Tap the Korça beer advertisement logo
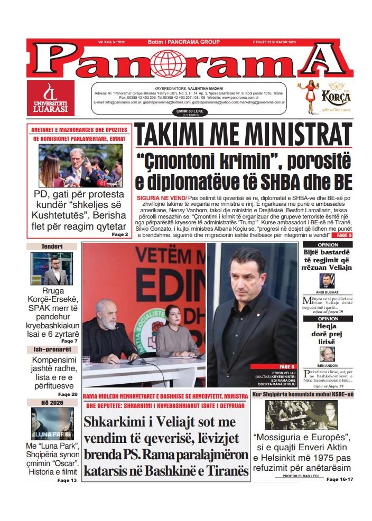pyautogui.click(x=322, y=99)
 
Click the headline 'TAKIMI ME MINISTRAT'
pyautogui.click(x=243, y=136)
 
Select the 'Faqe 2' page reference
pyautogui.click(x=120, y=234)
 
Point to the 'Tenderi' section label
pyautogui.click(x=52, y=247)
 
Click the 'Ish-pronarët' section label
pyautogui.click(x=52, y=349)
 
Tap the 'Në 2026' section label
pyautogui.click(x=52, y=403)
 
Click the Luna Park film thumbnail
pyautogui.click(x=52, y=424)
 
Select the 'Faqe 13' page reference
pyautogui.click(x=67, y=480)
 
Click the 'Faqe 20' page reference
pyautogui.click(x=68, y=394)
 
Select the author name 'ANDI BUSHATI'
pyautogui.click(x=328, y=292)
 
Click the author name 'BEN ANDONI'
pyautogui.click(x=328, y=365)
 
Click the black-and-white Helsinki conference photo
pyautogui.click(x=301, y=415)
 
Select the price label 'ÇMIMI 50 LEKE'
pyautogui.click(x=186, y=111)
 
